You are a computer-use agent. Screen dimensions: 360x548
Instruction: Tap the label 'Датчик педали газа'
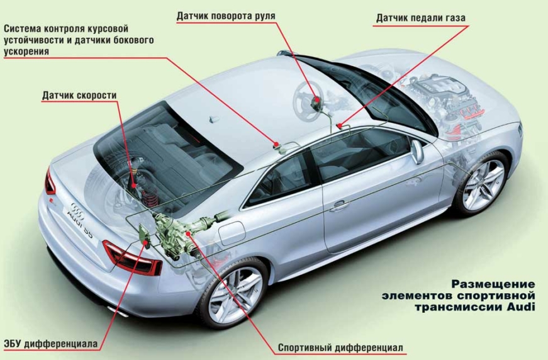421,18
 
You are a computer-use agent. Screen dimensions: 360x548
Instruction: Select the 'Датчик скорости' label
79,96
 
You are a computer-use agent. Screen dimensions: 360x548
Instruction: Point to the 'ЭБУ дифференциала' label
51,344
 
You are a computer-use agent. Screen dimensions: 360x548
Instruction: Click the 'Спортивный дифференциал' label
340,347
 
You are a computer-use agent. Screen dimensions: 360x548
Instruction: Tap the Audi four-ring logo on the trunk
77,208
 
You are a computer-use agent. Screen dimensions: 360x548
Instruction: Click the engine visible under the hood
440,94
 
